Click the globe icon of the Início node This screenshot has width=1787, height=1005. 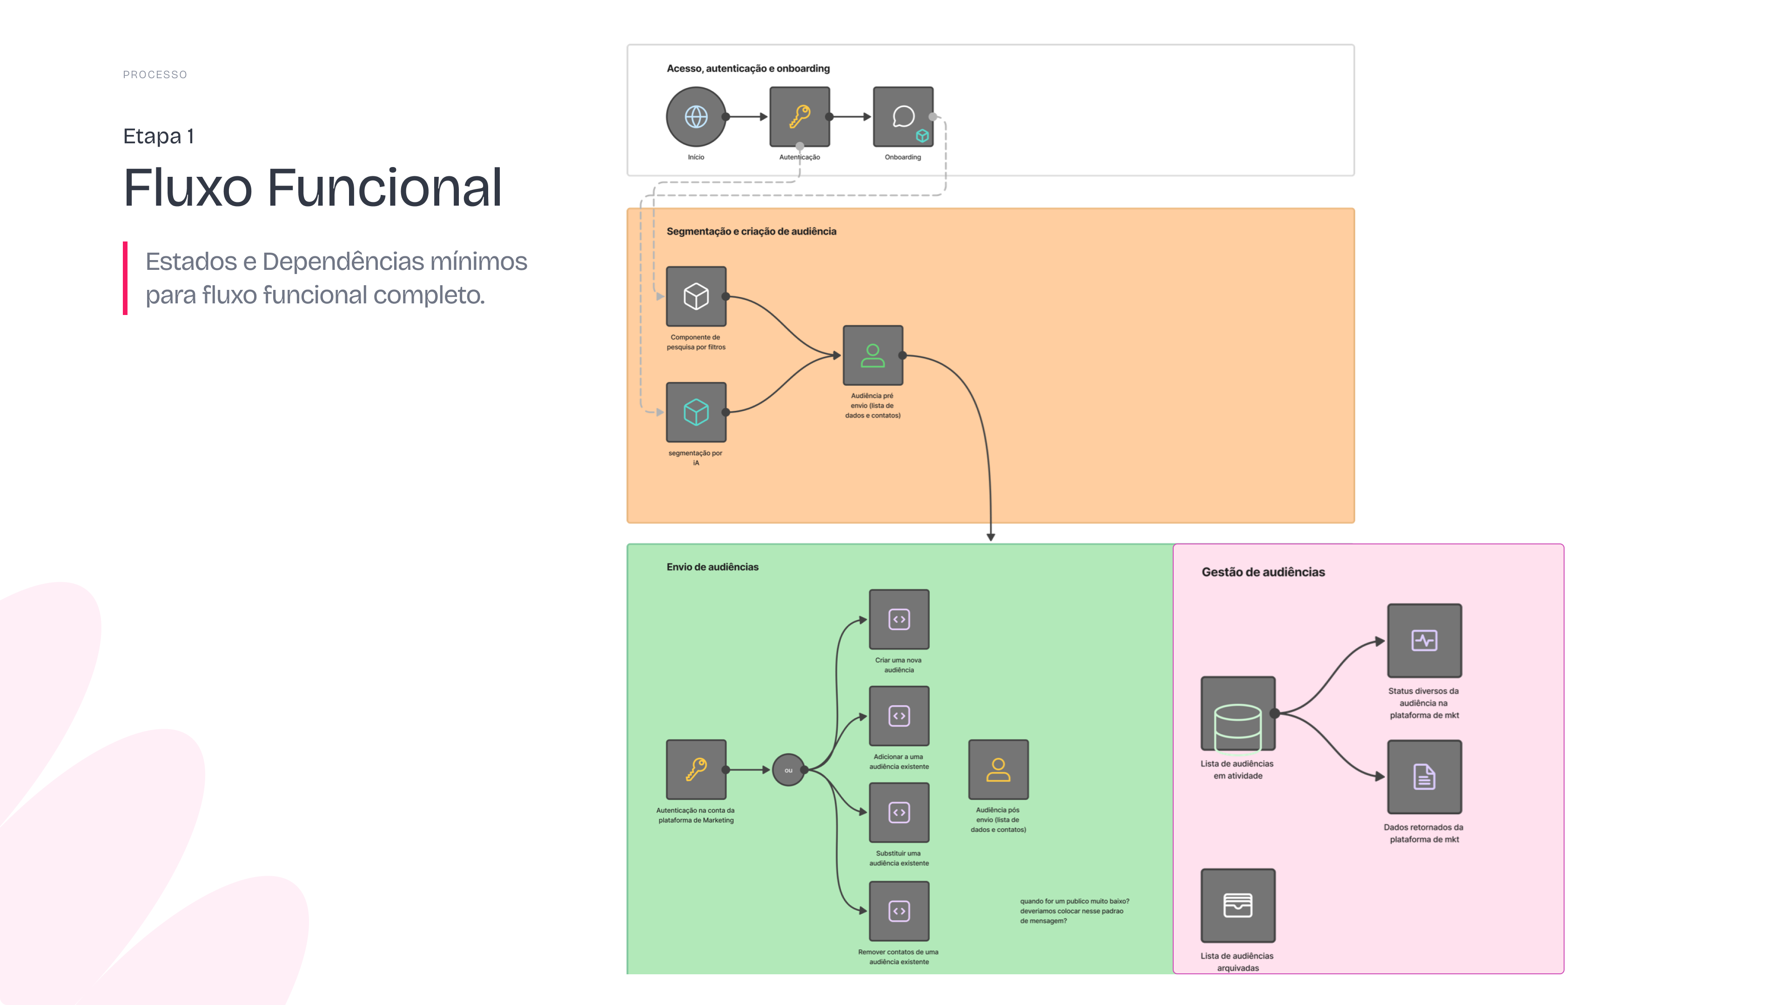coord(696,116)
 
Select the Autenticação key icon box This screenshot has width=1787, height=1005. coord(799,116)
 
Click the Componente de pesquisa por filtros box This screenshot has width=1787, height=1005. coord(696,296)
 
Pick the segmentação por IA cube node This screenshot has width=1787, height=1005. coord(696,412)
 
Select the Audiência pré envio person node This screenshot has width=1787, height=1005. coord(873,355)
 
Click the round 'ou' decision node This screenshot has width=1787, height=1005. coord(788,770)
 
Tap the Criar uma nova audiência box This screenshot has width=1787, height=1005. coord(899,619)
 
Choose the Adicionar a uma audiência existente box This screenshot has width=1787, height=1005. coord(899,716)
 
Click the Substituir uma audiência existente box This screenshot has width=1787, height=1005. coord(899,812)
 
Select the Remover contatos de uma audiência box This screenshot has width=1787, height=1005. coord(899,911)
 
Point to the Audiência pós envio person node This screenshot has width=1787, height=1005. coord(998,770)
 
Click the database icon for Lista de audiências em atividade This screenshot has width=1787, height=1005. coord(1237,727)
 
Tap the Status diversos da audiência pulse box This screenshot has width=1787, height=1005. coord(1424,640)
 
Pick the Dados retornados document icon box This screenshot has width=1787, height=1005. coord(1424,777)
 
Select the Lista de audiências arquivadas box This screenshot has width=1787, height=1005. coord(1237,905)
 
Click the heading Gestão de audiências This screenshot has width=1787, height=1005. coord(1263,572)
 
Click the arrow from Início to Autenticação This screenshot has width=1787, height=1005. coord(747,116)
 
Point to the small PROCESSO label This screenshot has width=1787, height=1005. coord(155,75)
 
